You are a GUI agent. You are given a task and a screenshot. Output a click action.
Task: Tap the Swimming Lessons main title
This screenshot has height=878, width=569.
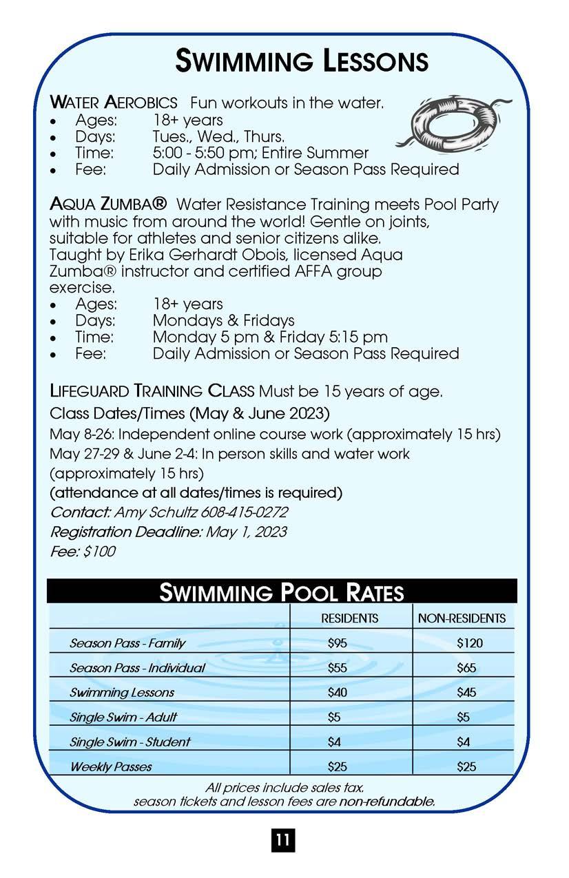[x=302, y=61]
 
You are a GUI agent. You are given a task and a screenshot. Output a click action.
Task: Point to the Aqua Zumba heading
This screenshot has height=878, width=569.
[x=108, y=205]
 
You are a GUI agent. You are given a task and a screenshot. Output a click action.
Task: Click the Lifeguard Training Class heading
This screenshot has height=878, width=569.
[x=152, y=392]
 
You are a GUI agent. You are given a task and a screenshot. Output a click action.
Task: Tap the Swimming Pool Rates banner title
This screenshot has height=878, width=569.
[x=281, y=592]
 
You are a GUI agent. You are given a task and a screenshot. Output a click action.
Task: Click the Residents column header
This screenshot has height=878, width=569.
[x=350, y=618]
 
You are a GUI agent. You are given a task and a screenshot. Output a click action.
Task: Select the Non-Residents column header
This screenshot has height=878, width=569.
[x=462, y=618]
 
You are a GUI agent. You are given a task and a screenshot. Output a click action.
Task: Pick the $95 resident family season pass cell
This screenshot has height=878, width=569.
[x=338, y=643]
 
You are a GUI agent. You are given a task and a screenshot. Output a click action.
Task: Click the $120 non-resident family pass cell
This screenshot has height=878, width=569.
[x=470, y=643]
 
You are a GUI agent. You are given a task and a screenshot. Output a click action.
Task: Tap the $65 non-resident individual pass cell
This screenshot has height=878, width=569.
[x=466, y=668]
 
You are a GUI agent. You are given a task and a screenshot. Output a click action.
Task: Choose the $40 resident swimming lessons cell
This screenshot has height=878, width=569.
[x=338, y=693]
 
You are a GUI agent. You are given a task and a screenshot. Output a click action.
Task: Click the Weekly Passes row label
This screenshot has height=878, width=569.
[x=111, y=766]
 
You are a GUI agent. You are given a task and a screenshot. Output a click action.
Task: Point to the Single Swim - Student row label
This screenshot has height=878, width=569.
[x=130, y=742]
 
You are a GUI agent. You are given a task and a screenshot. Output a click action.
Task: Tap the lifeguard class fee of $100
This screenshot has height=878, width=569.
[x=101, y=551]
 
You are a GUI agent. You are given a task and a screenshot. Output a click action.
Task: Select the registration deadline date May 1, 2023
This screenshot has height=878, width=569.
[x=246, y=532]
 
